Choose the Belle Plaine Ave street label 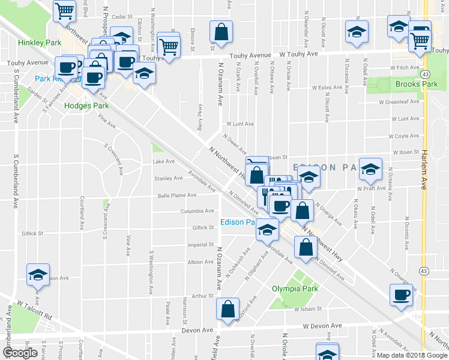(x=176, y=195)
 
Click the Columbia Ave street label (x=197, y=211)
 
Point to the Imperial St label (x=200, y=245)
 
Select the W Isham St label (x=307, y=309)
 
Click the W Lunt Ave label (x=239, y=125)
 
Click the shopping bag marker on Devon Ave (x=228, y=310)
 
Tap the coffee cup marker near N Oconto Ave (x=401, y=295)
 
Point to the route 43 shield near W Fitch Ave (x=424, y=73)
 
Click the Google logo (x=20, y=353)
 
